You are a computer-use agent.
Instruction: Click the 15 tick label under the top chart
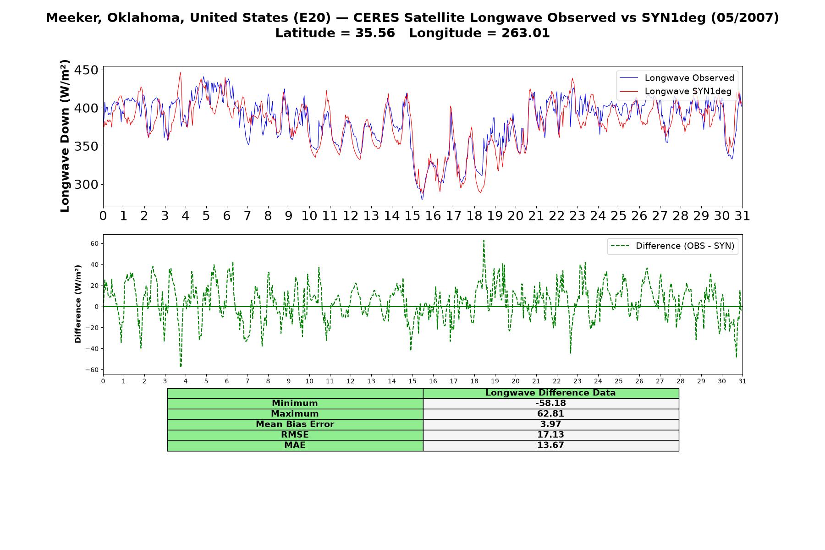coord(412,216)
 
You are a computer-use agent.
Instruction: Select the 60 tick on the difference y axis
coord(94,243)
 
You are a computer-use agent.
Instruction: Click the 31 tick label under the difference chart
coord(742,381)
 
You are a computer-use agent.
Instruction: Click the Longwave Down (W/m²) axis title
coord(65,136)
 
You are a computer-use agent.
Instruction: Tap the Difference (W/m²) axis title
coord(78,304)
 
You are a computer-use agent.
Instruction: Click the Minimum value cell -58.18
coord(550,403)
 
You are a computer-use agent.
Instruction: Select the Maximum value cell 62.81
coord(550,414)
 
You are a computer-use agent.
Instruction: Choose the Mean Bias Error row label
coord(295,424)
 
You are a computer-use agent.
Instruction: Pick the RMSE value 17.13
coord(550,435)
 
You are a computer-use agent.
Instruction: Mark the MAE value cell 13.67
coord(550,445)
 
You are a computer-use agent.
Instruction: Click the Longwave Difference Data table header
coord(550,393)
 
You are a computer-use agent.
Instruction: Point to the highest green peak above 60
coord(483,241)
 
